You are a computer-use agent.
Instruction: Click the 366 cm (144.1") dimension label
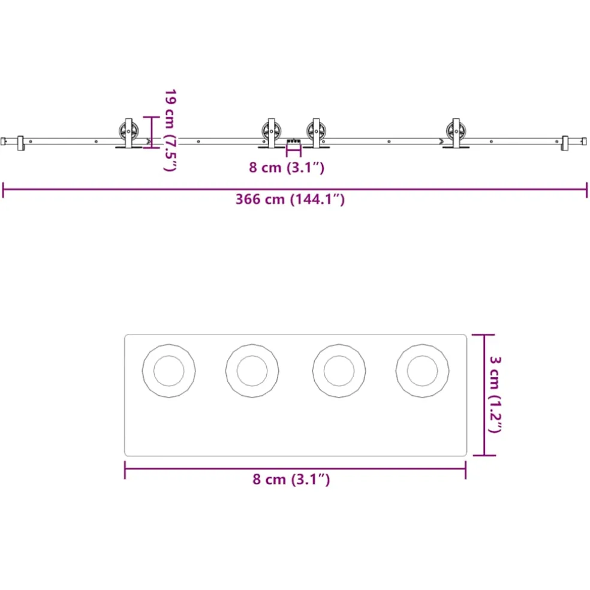click(290, 200)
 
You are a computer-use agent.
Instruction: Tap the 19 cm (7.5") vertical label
click(170, 130)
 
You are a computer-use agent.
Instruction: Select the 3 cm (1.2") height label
click(495, 395)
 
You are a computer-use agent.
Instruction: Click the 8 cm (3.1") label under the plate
click(291, 480)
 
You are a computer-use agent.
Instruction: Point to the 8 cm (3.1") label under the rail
click(287, 167)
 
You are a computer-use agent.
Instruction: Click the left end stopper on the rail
click(20, 143)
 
